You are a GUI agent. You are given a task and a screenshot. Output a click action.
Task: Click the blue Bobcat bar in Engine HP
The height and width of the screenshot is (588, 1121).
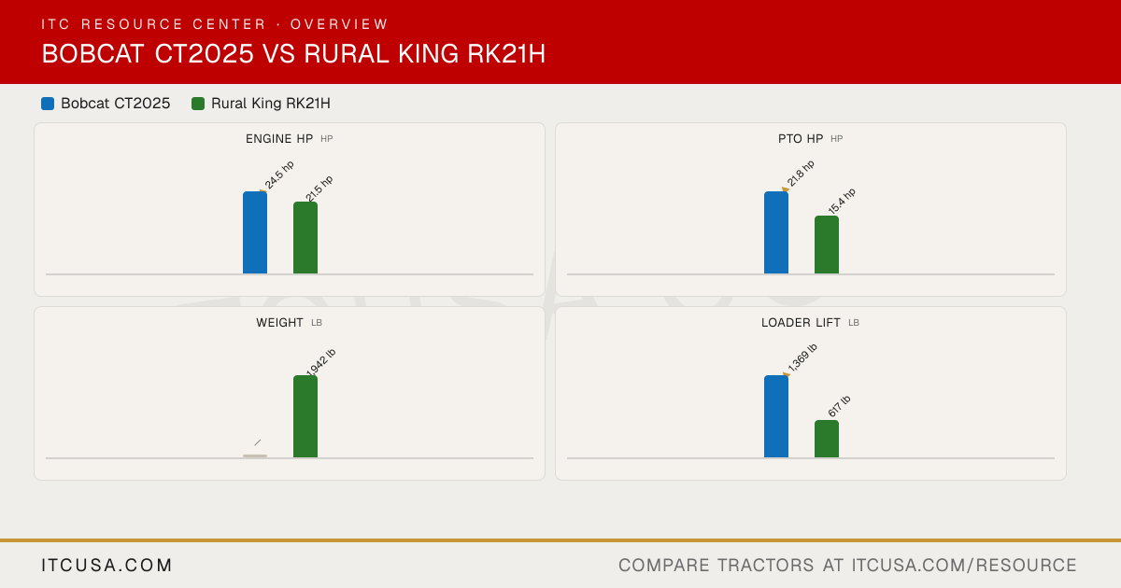pos(255,232)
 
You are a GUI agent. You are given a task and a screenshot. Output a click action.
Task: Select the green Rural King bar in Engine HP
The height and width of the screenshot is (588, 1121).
pos(305,238)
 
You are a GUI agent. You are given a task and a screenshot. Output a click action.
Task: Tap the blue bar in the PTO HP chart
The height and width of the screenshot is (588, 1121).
pos(776,232)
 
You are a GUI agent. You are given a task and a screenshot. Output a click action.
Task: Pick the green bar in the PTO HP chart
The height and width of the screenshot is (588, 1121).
pos(827,245)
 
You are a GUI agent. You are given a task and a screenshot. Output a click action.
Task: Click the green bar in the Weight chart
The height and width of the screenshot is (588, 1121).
pos(305,416)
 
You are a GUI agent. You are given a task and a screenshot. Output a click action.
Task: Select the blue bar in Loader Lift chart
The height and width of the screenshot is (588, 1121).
pos(776,416)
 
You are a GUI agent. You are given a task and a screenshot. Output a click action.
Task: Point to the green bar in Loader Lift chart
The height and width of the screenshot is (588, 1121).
pos(827,439)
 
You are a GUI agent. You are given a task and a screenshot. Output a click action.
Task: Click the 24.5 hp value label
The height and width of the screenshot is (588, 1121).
pos(279,175)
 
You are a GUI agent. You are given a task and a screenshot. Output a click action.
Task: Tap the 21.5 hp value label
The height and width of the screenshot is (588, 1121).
pos(319,189)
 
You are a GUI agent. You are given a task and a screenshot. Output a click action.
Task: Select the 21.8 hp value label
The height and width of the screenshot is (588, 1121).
pos(801,174)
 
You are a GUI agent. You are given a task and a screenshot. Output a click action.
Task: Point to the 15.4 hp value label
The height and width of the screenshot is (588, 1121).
pos(842,201)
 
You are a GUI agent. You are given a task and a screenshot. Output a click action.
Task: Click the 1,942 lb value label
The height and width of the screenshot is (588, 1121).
pos(320,362)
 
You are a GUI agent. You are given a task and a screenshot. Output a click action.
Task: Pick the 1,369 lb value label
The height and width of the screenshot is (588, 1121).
pos(802,357)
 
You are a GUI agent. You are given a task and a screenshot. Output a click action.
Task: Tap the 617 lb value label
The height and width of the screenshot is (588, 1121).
pos(839,407)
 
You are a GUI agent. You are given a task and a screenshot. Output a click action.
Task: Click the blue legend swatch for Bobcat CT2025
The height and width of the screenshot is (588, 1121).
pos(48,104)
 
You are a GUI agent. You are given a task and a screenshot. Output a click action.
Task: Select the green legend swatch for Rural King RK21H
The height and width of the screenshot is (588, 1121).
pos(198,104)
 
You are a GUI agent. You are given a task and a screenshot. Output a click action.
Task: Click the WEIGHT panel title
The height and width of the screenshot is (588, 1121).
pos(279,323)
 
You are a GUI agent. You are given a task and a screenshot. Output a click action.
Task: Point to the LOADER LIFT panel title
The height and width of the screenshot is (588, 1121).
pos(801,323)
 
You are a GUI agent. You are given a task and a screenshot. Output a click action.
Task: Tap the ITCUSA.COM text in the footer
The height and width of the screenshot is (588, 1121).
pos(106,565)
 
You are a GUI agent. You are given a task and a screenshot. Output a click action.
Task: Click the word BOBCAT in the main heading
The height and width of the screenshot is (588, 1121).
pos(93,53)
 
